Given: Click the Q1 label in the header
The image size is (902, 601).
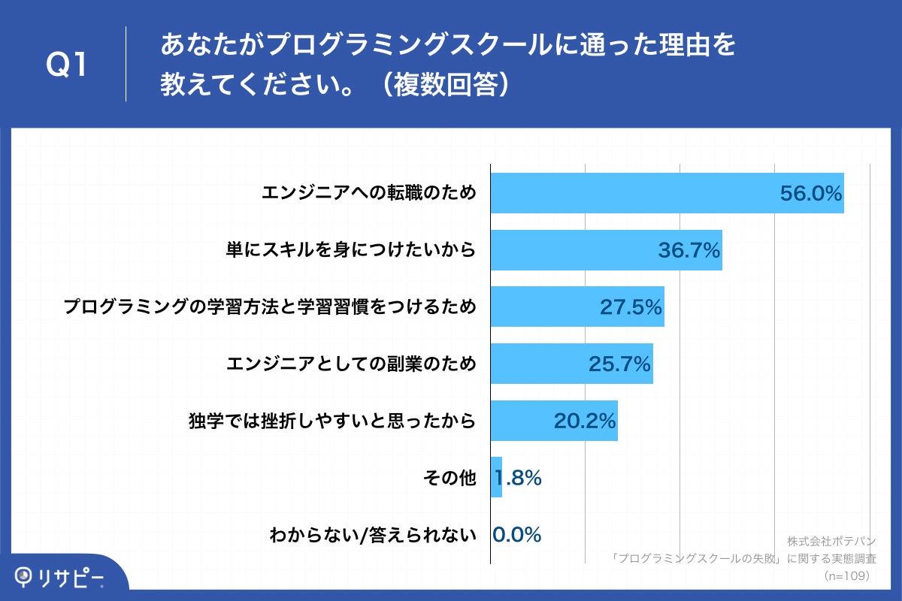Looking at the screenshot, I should (x=68, y=66).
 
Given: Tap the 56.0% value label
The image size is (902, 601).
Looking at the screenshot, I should (x=810, y=193).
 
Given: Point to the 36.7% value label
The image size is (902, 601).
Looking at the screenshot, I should (x=689, y=250).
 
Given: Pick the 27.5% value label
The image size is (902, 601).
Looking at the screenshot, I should (x=631, y=307).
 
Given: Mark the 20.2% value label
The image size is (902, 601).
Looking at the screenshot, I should (x=585, y=421).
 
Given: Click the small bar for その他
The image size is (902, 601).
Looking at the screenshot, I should (x=496, y=478).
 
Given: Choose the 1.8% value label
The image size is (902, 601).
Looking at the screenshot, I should (x=519, y=478).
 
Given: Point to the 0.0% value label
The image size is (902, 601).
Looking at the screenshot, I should (x=517, y=535).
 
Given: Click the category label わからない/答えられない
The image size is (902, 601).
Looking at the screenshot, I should (x=373, y=536).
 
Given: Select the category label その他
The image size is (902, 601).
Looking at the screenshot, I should (x=449, y=478).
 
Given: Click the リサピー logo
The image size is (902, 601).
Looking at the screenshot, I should (x=60, y=578).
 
